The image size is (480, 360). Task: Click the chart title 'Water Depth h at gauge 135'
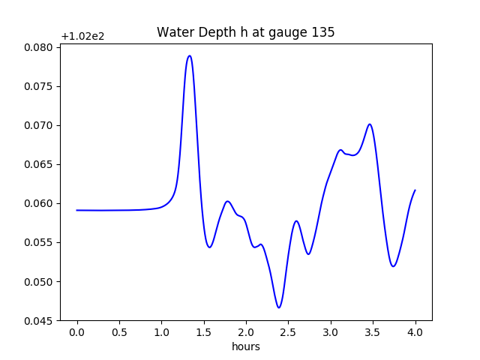245,33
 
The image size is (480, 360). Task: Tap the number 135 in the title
324,33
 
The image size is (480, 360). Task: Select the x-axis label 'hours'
245,346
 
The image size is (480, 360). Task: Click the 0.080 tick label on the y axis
37,47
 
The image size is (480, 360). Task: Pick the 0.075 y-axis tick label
37,86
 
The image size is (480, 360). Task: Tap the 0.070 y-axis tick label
37,125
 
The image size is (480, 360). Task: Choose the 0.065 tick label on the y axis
37,164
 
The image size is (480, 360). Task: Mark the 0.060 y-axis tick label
37,203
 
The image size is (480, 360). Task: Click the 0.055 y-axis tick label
37,242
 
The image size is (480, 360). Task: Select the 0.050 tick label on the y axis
37,282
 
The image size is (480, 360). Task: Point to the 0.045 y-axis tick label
37,321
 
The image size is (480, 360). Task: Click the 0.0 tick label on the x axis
77,332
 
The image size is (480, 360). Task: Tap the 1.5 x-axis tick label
204,332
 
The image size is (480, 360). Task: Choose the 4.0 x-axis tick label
415,332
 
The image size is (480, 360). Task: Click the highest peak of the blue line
190,55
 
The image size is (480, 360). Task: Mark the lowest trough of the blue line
279,307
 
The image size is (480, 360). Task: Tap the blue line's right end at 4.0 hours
415,190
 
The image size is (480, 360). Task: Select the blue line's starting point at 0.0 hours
77,210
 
